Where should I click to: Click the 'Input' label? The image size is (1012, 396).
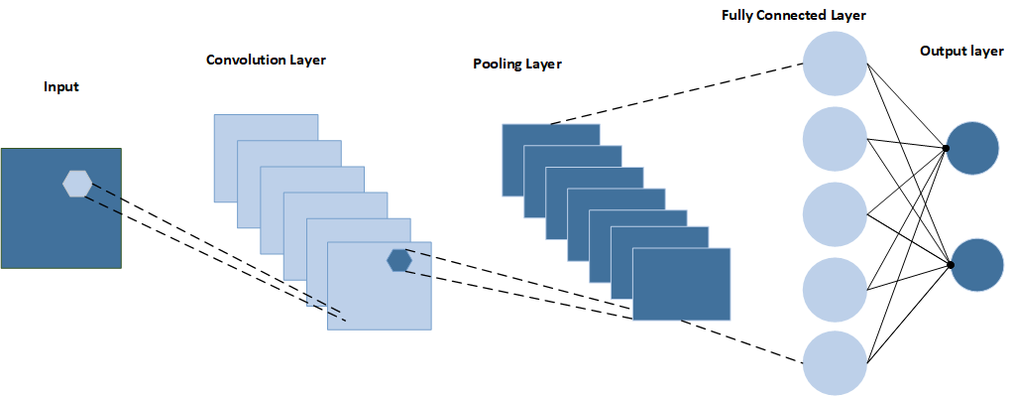coord(61,86)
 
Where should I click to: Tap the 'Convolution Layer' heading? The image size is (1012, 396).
coord(266,61)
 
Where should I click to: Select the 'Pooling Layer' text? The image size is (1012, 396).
coord(517,64)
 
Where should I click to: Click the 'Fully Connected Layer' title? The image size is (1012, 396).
coord(793,14)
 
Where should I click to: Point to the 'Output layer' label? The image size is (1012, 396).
coord(961,51)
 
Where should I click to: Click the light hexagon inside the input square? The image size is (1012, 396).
coord(76,185)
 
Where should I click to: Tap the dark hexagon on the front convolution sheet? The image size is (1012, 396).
coord(399,260)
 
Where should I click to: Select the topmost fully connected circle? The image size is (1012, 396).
coord(835,65)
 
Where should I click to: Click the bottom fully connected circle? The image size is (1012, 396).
coord(835,362)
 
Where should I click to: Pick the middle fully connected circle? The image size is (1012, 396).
coord(835,213)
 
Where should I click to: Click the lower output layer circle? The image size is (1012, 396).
coord(977,266)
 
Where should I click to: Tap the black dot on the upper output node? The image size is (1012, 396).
coord(946,149)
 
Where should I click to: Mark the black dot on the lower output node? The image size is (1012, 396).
coord(950,265)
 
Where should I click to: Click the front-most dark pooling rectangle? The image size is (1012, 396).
coord(682,284)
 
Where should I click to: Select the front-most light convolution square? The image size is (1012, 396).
coord(379,286)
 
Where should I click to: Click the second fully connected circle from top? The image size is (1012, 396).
coord(835,139)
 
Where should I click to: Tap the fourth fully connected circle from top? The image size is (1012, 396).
coord(835,288)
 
